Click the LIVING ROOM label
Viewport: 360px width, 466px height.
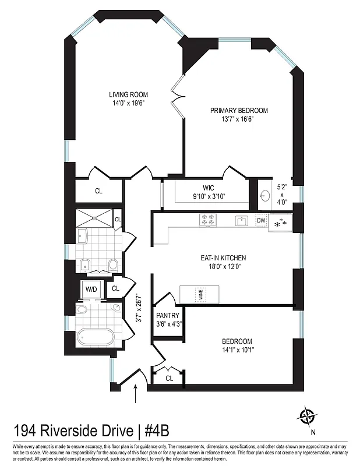click(128, 94)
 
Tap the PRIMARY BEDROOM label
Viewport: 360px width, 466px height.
click(239, 111)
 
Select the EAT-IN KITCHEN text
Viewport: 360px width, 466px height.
click(224, 257)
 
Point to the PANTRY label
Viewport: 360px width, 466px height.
click(168, 316)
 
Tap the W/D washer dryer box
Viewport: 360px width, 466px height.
click(91, 288)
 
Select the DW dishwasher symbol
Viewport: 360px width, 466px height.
click(261, 221)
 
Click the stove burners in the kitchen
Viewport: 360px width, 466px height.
click(209, 220)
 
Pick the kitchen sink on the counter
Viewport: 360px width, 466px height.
click(241, 221)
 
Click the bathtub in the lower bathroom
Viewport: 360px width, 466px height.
click(97, 338)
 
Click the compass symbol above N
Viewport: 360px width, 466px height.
click(307, 416)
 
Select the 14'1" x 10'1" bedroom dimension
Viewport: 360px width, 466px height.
click(237, 349)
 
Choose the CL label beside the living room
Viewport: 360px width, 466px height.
click(98, 190)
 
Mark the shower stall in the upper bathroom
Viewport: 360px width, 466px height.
click(93, 217)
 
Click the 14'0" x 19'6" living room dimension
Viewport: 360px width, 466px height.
click(128, 103)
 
